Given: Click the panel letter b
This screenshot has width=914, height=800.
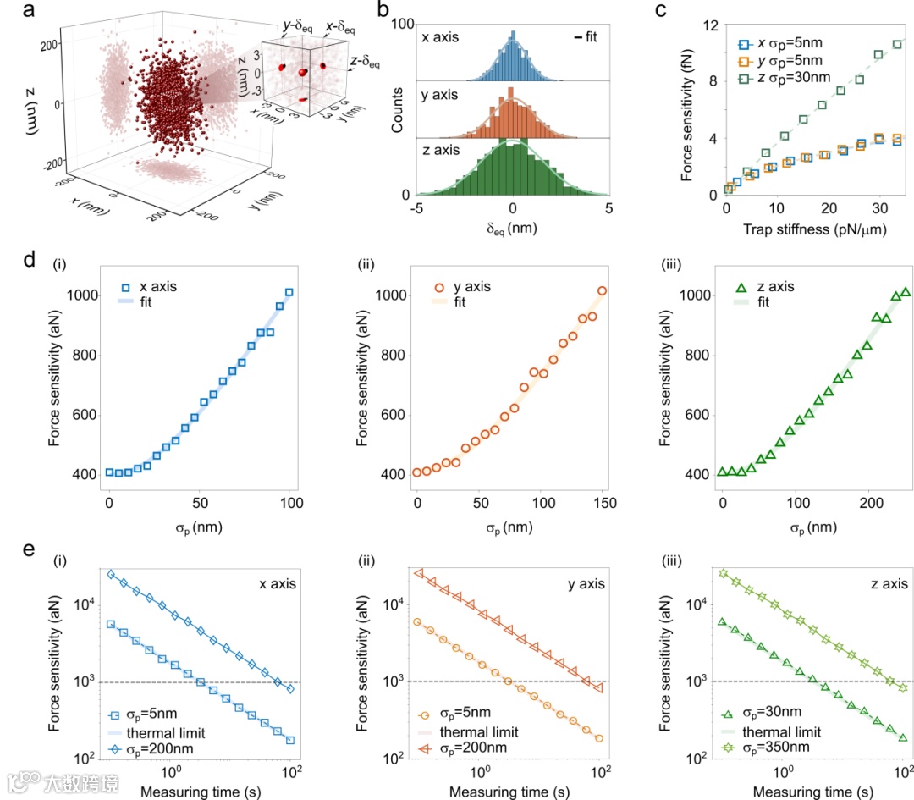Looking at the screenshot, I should click(383, 12).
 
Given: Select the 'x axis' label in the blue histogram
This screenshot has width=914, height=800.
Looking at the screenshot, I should click(440, 36).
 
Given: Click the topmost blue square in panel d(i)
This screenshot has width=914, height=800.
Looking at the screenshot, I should click(289, 293).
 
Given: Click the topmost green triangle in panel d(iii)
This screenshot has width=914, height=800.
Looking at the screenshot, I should click(906, 293).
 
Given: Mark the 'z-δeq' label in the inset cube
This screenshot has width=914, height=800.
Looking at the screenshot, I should click(365, 62).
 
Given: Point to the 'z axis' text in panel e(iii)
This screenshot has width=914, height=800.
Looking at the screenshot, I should click(885, 583).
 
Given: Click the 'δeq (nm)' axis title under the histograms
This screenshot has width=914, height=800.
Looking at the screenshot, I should click(511, 228).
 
